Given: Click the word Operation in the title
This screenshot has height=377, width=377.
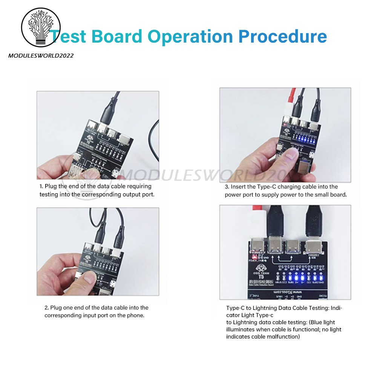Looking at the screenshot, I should coord(190,37).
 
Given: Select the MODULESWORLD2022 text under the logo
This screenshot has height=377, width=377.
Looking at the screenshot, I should coord(41,56).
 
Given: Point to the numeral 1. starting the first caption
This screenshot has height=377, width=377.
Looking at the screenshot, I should coord(41,186).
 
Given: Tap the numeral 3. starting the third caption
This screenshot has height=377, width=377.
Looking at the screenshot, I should coord(227,187).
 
